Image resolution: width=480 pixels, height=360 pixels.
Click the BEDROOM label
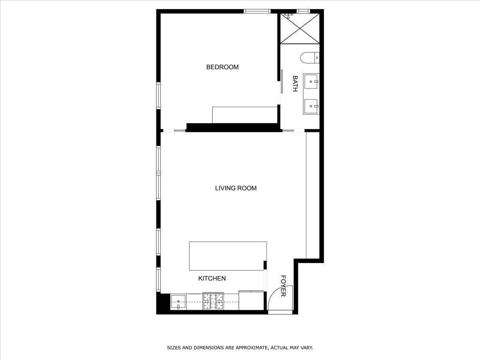click(x=222, y=67)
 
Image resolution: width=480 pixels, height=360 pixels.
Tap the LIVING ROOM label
click(x=236, y=188)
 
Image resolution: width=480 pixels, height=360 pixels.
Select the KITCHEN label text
click(x=212, y=278)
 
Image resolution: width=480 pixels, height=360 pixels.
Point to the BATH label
click(x=295, y=84)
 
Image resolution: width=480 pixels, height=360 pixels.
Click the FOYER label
click(x=283, y=286)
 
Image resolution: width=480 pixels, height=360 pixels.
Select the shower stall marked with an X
click(x=300, y=28)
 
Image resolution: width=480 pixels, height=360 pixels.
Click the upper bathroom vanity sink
click(x=311, y=82)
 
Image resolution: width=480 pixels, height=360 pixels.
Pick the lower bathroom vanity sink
click(x=311, y=106)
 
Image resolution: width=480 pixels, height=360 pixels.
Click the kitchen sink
click(x=178, y=302)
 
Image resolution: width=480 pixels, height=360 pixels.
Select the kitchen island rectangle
click(x=228, y=256)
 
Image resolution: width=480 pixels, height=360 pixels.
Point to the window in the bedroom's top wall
click(x=257, y=11)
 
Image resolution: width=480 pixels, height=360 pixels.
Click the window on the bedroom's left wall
click(x=158, y=96)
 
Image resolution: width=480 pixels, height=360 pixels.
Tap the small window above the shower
click(x=303, y=11)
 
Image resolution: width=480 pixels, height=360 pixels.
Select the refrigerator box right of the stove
click(x=251, y=300)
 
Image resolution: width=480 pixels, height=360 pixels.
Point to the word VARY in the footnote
click(x=307, y=348)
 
